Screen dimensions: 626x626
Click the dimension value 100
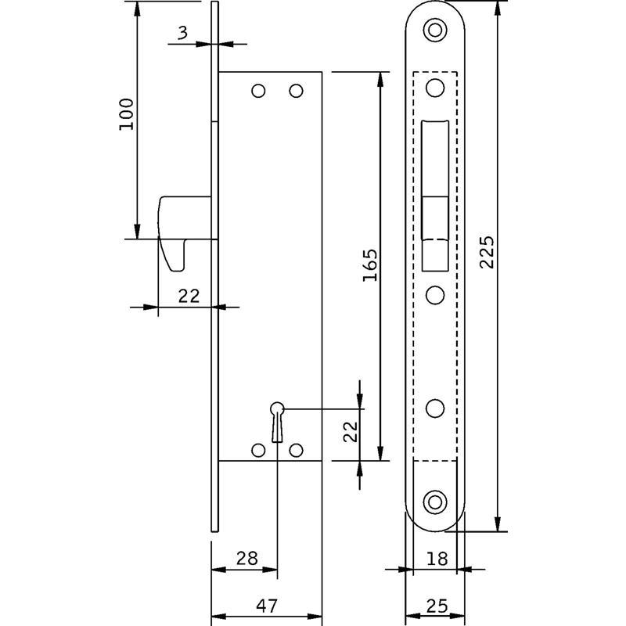[x=127, y=114]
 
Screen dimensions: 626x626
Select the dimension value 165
[x=370, y=265]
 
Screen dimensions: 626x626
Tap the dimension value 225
[x=487, y=252]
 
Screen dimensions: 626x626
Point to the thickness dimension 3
[x=182, y=32]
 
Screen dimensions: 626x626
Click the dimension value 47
[x=267, y=606]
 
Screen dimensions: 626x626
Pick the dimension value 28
[x=247, y=558]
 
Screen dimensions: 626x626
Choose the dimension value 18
[x=437, y=559]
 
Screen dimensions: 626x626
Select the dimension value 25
[x=437, y=606]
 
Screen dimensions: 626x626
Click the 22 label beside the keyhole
[x=351, y=432]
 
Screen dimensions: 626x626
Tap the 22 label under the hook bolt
[x=189, y=296]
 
